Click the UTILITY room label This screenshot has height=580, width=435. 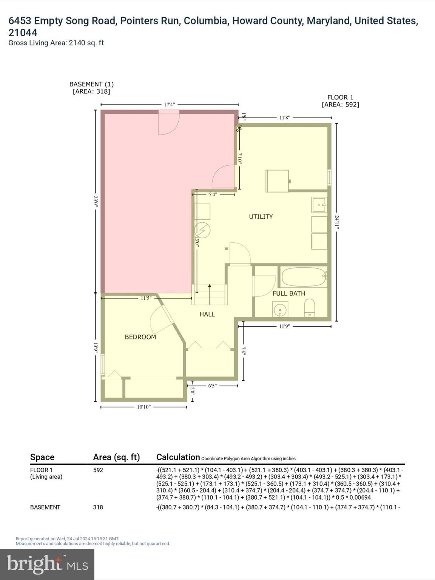click(261, 216)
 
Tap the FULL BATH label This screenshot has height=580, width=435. click(289, 293)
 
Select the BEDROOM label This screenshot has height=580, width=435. click(140, 337)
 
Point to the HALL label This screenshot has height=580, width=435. click(207, 314)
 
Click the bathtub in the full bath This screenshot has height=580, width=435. click(303, 278)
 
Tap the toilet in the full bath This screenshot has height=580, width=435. click(309, 308)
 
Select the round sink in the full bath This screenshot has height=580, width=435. click(280, 311)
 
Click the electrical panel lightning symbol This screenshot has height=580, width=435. click(202, 230)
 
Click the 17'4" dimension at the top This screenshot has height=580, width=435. click(169, 105)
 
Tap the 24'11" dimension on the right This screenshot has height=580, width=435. click(336, 222)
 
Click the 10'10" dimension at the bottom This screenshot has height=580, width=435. click(143, 407)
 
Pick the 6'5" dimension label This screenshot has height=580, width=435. click(213, 386)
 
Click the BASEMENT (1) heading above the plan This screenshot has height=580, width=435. click(91, 84)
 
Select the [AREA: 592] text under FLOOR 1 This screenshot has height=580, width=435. click(340, 105)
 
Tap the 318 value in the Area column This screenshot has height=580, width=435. click(98, 507)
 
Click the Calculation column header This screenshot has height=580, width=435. click(178, 457)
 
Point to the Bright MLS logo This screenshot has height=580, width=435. click(47, 564)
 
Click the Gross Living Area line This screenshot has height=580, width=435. click(56, 43)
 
